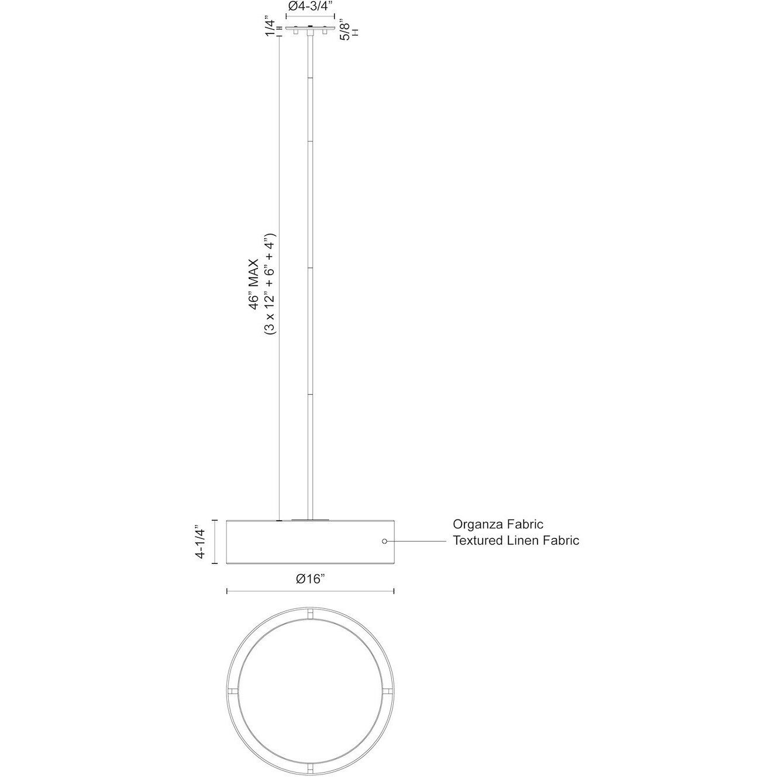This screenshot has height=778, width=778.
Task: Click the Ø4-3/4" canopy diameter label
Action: pyautogui.click(x=310, y=7)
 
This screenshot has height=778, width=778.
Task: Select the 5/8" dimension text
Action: pyautogui.click(x=346, y=28)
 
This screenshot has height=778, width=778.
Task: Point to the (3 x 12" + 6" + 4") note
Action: pyautogui.click(x=270, y=284)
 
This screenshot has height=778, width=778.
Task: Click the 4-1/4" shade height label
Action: pyautogui.click(x=201, y=542)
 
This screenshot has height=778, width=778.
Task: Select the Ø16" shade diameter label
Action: pyautogui.click(x=310, y=579)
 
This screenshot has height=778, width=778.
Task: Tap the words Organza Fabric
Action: pyautogui.click(x=498, y=524)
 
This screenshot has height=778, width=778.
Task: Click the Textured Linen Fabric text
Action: pyautogui.click(x=516, y=541)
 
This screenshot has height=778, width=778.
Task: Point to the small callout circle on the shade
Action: pyautogui.click(x=384, y=542)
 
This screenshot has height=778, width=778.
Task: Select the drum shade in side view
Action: pyautogui.click(x=310, y=542)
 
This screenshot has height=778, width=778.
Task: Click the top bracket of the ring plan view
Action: pyautogui.click(x=310, y=614)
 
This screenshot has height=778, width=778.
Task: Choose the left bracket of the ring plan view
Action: pyautogui.click(x=235, y=691)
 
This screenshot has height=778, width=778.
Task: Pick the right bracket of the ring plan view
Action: pyautogui.click(x=386, y=691)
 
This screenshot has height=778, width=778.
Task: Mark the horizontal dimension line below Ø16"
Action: pyautogui.click(x=310, y=591)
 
